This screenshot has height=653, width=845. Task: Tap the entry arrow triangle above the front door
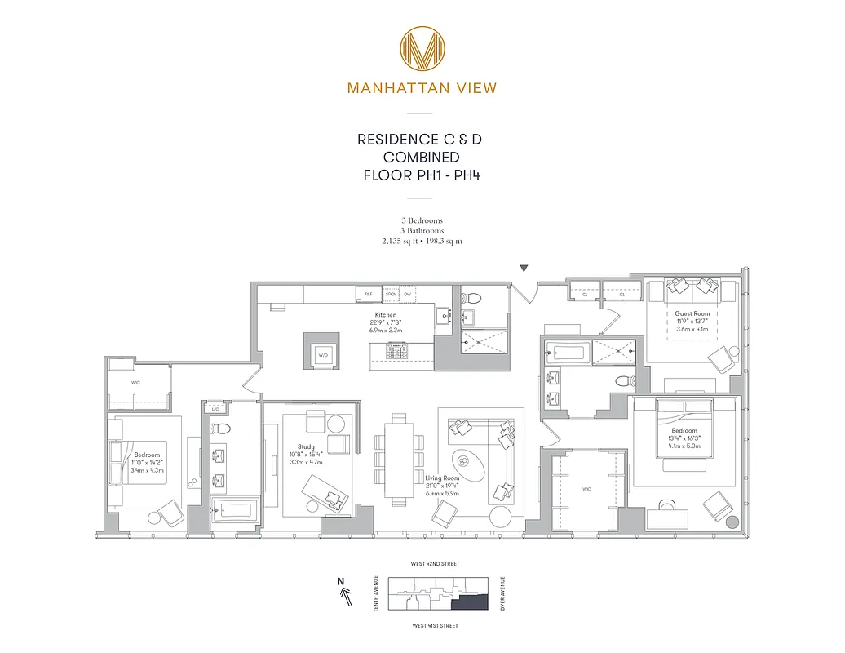coord(524,269)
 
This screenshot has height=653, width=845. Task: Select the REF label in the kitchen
coord(369,293)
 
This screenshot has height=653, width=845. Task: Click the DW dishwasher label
coord(407,293)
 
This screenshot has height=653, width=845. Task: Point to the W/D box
coord(322,354)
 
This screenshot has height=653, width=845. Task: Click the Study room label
coord(307,446)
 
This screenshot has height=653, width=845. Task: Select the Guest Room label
coord(692,313)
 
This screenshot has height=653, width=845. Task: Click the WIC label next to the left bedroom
coord(137,381)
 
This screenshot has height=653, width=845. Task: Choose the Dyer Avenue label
coord(502,593)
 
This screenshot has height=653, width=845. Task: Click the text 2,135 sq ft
coord(400,242)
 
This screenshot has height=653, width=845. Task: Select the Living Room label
coord(442,478)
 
